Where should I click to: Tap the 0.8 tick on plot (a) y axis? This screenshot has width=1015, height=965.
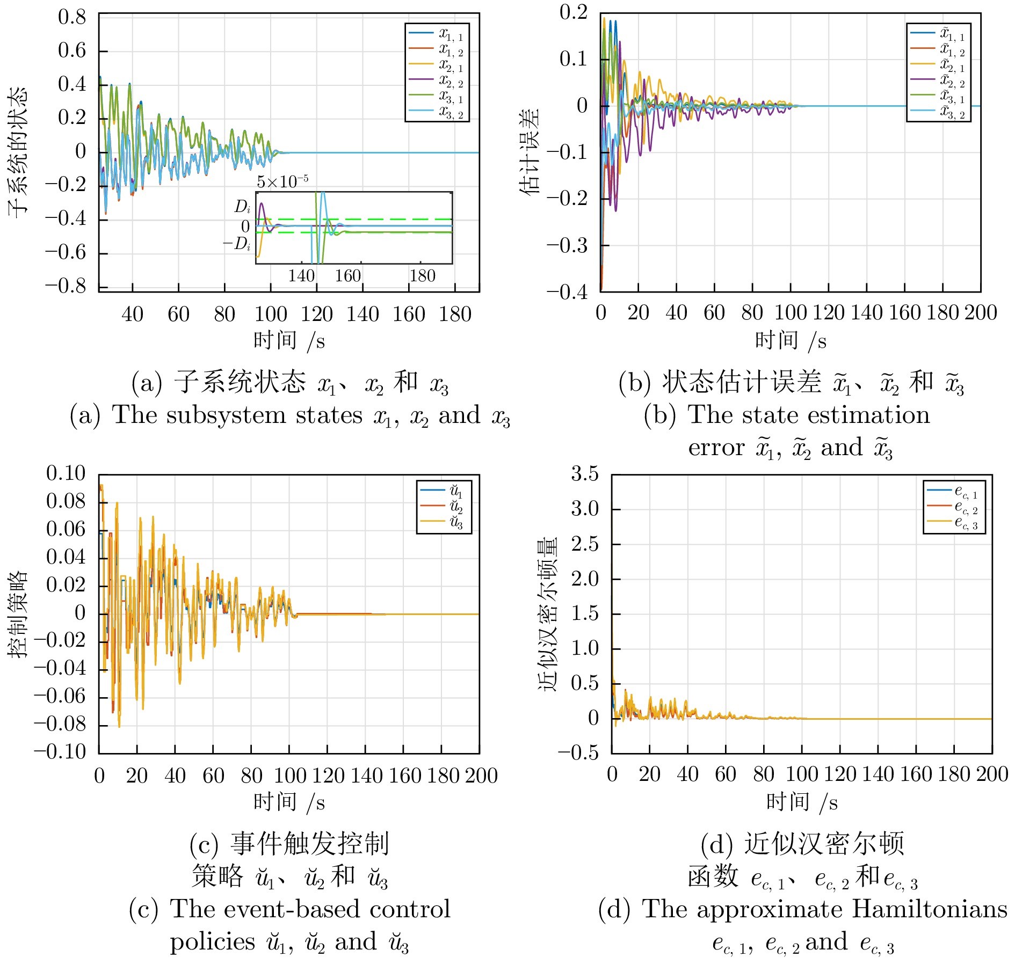click(72, 17)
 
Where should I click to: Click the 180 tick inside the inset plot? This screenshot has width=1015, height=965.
click(422, 276)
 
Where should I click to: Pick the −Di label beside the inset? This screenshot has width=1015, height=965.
click(237, 244)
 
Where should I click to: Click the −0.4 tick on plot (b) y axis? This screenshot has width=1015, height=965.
click(567, 292)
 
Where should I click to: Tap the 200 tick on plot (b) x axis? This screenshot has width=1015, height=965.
click(980, 312)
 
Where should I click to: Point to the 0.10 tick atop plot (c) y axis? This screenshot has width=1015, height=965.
click(66, 473)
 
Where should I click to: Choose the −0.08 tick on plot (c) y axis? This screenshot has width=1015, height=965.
click(59, 724)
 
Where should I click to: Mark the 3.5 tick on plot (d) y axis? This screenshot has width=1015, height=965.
click(584, 474)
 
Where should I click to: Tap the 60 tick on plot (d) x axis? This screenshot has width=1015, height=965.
click(726, 774)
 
